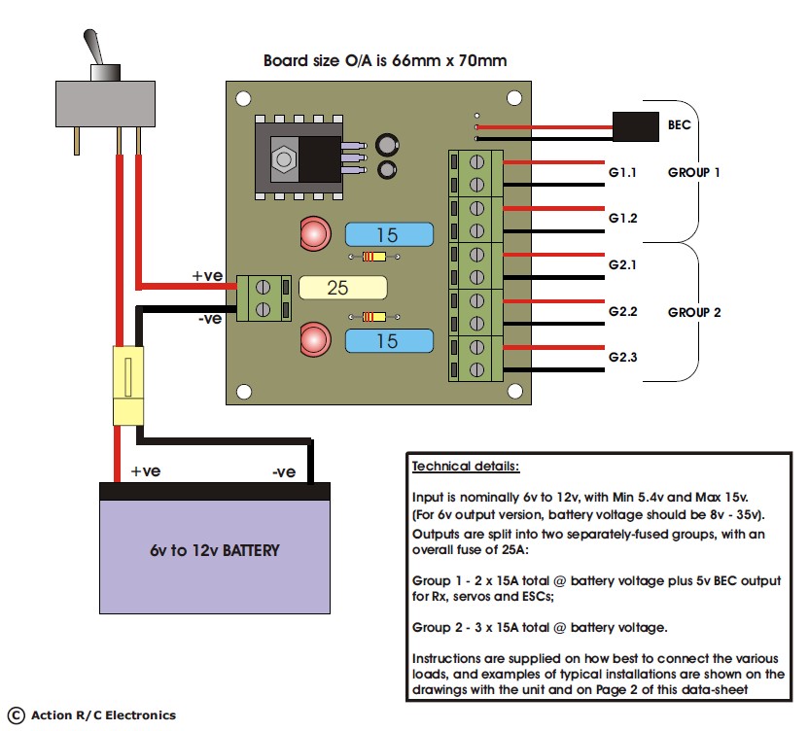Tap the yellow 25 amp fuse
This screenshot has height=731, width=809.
point(342,288)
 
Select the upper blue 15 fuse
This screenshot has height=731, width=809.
point(389,234)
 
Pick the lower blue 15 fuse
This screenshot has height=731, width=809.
point(389,340)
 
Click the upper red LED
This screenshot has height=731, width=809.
point(315,233)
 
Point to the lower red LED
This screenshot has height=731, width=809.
point(315,339)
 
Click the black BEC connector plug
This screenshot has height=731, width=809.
point(636,126)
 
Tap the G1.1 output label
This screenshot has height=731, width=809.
point(622,172)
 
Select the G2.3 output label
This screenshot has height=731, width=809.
point(622,357)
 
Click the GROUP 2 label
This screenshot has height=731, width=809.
point(694,312)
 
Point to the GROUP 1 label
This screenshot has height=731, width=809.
point(693,172)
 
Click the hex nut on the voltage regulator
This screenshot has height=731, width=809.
point(284,158)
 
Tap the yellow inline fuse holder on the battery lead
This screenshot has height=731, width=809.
point(128,385)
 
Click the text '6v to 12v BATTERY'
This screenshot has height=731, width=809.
point(215,550)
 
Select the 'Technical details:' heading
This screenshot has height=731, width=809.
point(466,467)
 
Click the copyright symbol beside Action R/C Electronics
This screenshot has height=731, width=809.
point(16,715)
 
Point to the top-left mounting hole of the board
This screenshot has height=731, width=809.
point(243,98)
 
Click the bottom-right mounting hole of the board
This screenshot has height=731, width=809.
point(514,391)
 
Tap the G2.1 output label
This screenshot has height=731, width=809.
point(622,264)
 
